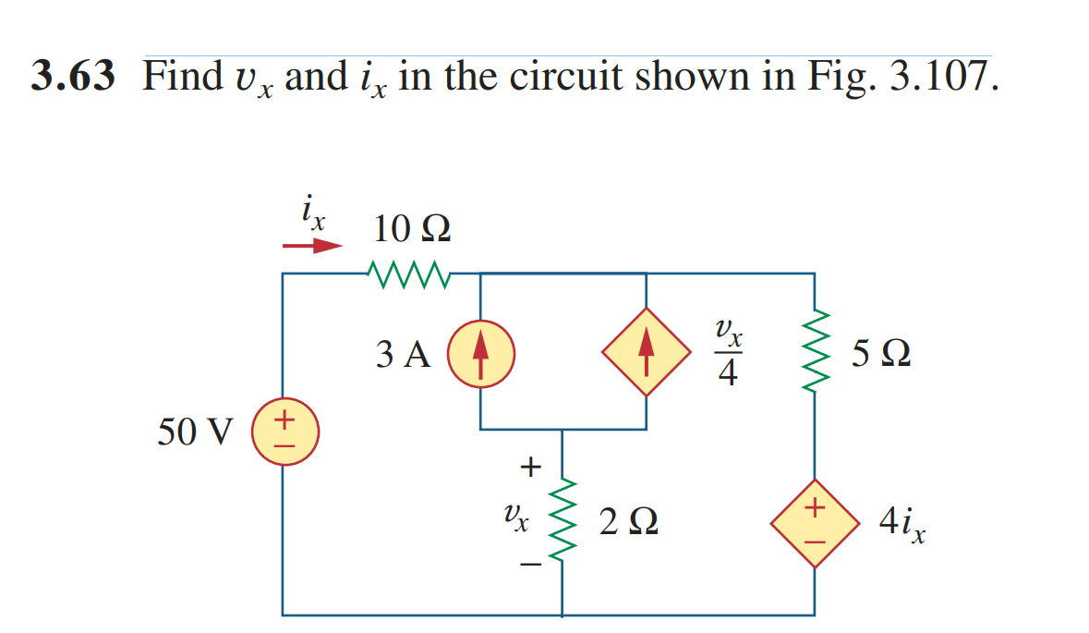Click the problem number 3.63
(73, 77)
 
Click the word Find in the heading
(179, 77)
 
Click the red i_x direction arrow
(312, 247)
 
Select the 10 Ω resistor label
(412, 227)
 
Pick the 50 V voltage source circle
(286, 432)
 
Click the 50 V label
(196, 432)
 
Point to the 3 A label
(404, 354)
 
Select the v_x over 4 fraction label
(728, 353)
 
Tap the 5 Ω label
(882, 354)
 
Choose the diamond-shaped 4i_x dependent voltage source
(814, 523)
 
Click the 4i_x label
(901, 525)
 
